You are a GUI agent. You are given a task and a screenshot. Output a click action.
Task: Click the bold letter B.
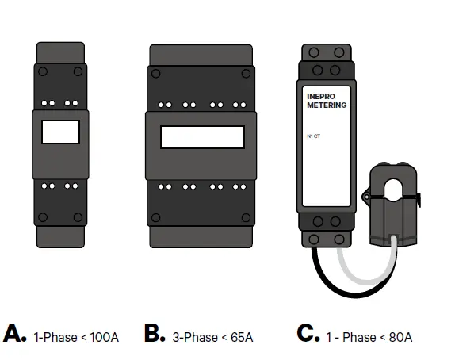[x=155, y=334]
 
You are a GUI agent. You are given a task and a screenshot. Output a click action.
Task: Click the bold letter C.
[x=308, y=334]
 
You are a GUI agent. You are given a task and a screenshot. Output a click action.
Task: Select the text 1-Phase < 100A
[x=76, y=337]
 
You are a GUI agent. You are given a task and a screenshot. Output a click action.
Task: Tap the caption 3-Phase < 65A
[x=212, y=337]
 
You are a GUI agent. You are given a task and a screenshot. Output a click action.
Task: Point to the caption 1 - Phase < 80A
[x=370, y=337]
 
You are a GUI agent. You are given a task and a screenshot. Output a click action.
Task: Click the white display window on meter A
[x=60, y=132]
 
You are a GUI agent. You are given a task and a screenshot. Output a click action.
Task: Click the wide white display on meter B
[x=201, y=137]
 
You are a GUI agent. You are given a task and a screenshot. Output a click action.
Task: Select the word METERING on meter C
[x=326, y=105]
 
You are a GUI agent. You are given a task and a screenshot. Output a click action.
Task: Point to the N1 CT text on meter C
[x=313, y=136]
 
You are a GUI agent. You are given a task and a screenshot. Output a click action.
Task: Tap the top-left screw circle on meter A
[x=43, y=71]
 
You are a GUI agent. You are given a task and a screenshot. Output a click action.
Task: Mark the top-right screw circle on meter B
[x=247, y=74]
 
